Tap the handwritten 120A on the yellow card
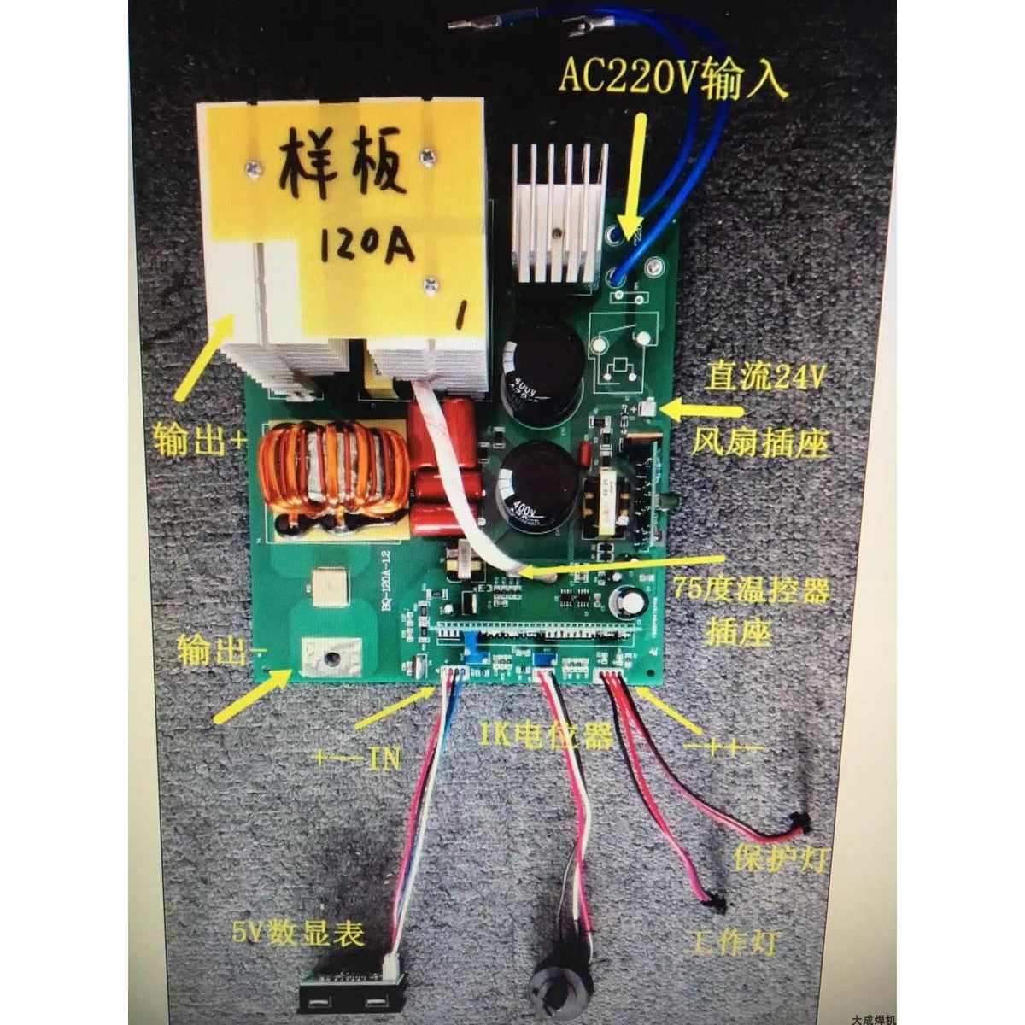tap(367, 242)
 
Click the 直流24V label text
tap(765, 377)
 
